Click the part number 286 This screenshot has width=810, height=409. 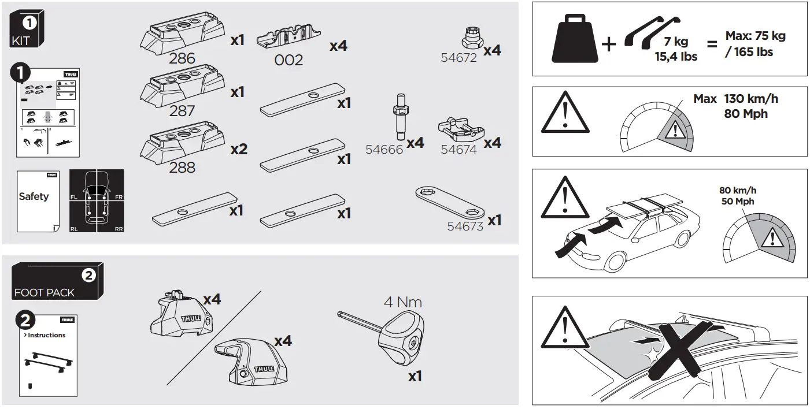coord(182,58)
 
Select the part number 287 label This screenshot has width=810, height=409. coord(182,110)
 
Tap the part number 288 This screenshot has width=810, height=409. coord(182,168)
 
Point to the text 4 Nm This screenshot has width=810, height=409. coord(403,302)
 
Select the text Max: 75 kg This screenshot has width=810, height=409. coord(756,36)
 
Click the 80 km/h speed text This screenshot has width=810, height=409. coord(737,190)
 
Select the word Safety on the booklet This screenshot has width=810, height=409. coord(34,196)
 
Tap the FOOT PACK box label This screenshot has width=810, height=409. coord(45,293)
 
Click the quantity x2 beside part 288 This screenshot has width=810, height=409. coord(239,150)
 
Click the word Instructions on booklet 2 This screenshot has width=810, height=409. coord(46,335)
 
